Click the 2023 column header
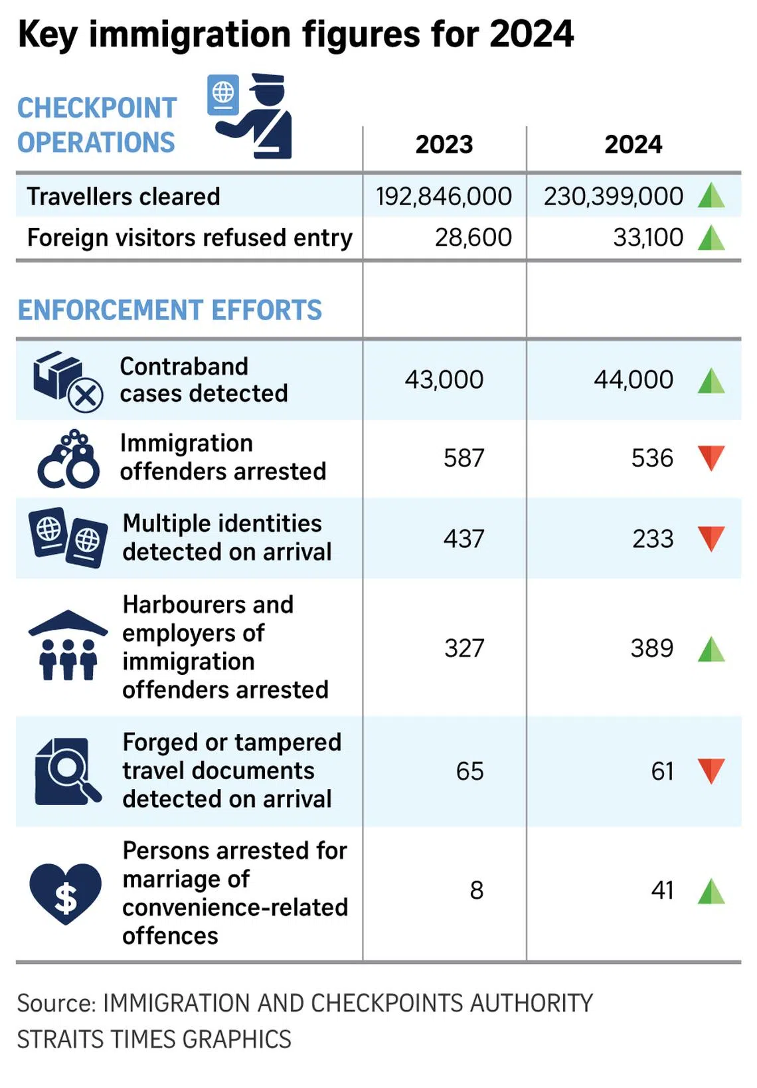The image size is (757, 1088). pos(444,145)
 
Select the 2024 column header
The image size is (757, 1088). pos(633,145)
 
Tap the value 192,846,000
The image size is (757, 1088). pos(444,197)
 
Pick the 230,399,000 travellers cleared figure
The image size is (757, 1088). pos(613,197)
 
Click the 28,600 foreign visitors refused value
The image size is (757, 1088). pos(473,237)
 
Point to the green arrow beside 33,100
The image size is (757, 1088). pos(711,237)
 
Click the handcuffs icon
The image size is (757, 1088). pos(68,459)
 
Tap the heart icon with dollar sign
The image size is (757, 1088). pos(65,893)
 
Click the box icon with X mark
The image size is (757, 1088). pos(68,381)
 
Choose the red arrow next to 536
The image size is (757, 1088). pos(711,458)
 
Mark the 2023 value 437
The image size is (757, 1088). pos(463,539)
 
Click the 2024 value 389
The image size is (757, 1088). pos(651,648)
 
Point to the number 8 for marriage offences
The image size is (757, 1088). pos(476,890)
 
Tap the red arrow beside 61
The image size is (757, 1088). pos(711,771)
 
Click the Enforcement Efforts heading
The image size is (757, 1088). pos(169,310)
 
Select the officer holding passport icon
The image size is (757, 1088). pos(251,116)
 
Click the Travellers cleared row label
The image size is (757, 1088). pos(124,197)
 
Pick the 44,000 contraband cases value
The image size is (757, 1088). pos(633,380)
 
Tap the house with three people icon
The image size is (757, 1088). pos(68,645)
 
